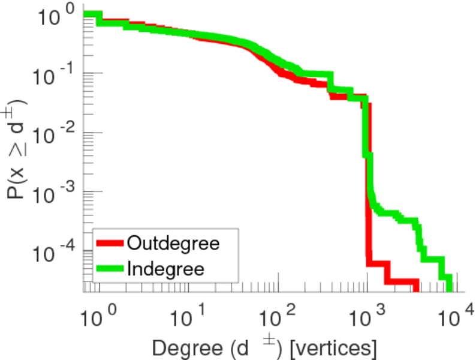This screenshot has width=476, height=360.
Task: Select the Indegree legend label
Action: [166, 268]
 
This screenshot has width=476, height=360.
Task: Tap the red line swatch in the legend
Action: [110, 244]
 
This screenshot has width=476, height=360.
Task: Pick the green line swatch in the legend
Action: [110, 268]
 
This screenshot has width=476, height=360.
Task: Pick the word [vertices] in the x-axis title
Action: [335, 346]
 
